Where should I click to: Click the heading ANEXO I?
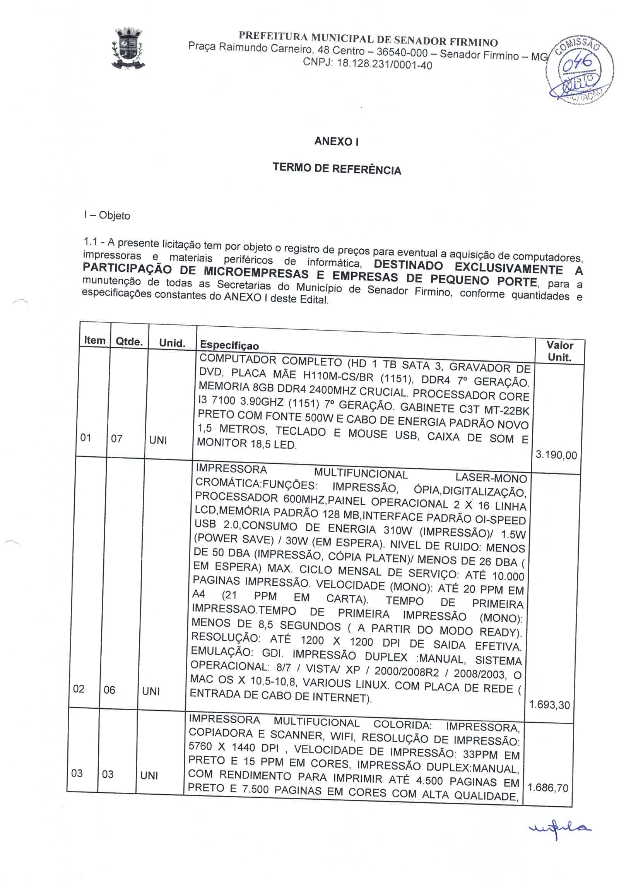[336, 141]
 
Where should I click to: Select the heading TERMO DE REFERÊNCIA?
[337, 169]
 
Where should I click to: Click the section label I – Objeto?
[107, 215]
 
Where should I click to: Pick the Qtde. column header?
[129, 341]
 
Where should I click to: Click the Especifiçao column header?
[229, 345]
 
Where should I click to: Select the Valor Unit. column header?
[559, 351]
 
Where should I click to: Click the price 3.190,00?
[556, 455]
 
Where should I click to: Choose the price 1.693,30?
[549, 704]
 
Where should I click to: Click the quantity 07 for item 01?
[116, 439]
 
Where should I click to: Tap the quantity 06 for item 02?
[109, 690]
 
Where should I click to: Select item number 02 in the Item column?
[79, 689]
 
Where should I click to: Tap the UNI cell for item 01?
[158, 440]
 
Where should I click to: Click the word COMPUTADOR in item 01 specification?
[238, 359]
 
